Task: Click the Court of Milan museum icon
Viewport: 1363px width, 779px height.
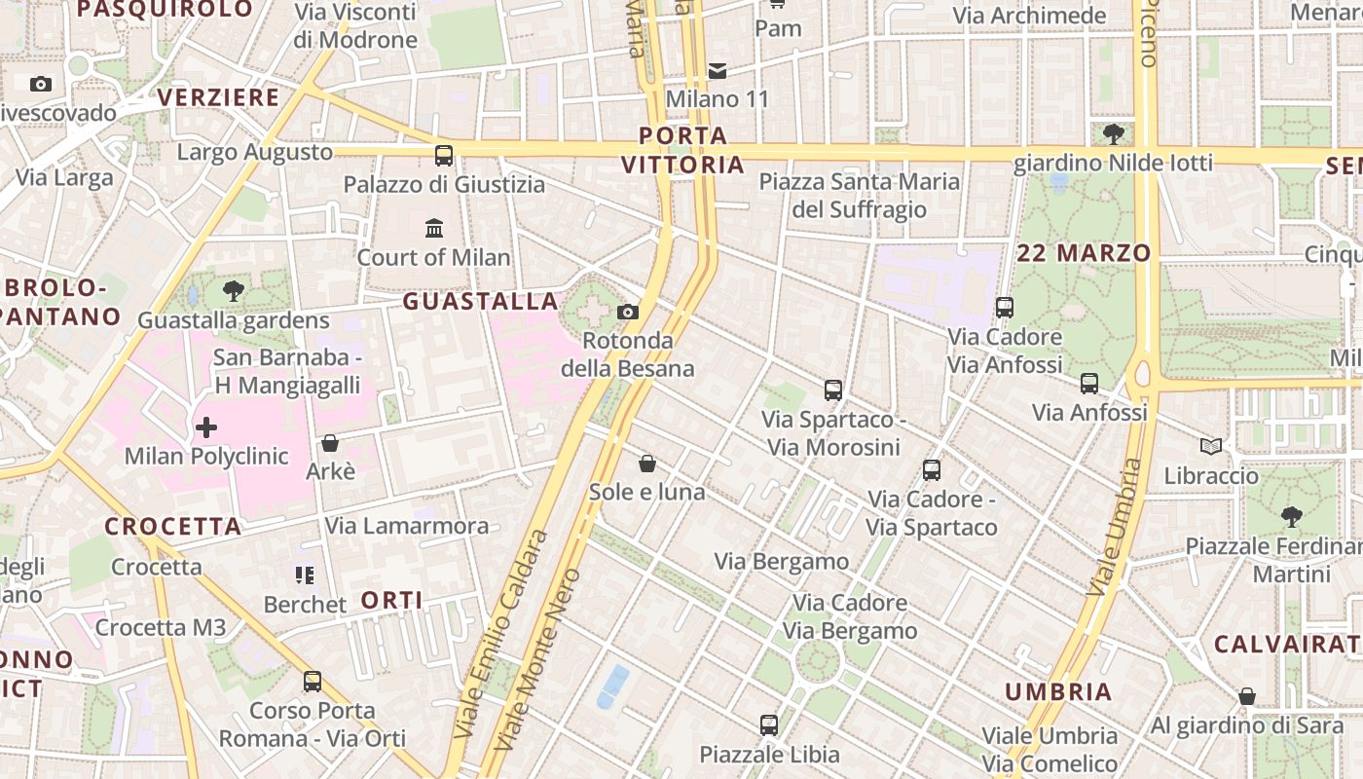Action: (x=434, y=229)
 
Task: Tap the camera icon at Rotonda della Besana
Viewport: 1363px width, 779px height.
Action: (x=628, y=312)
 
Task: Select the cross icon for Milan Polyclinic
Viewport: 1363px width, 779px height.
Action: (x=206, y=427)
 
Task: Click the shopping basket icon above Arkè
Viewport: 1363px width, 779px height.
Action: (x=330, y=443)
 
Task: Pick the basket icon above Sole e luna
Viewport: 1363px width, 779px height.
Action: (x=646, y=464)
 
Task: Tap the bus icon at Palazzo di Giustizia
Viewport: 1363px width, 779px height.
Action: (x=444, y=155)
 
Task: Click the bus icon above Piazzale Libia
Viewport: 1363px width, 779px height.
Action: (x=769, y=724)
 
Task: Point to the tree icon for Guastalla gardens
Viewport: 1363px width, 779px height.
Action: (x=234, y=290)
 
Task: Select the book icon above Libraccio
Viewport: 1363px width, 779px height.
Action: (x=1211, y=447)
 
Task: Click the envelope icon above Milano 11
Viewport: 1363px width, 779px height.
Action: (x=718, y=70)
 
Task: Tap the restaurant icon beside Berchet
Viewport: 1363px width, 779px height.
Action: (x=305, y=575)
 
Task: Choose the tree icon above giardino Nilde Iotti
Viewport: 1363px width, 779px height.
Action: (x=1114, y=133)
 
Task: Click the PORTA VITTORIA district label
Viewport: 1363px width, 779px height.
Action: (x=683, y=150)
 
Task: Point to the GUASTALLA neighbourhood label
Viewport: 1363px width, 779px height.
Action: (x=481, y=302)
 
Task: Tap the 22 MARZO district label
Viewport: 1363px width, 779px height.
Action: (x=1084, y=253)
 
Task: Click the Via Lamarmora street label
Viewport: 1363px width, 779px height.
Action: (x=407, y=526)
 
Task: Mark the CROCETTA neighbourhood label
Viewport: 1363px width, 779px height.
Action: (x=173, y=527)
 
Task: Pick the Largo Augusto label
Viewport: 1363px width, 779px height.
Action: (x=255, y=153)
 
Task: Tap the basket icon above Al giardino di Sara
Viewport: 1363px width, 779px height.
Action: (x=1246, y=696)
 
